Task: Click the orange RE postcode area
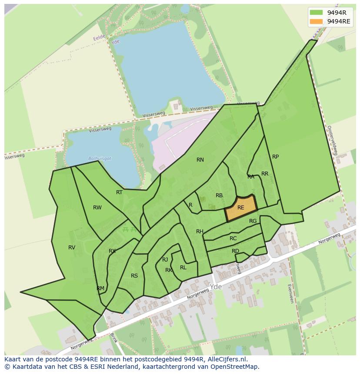pyautogui.click(x=240, y=208)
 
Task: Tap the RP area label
pyautogui.click(x=275, y=157)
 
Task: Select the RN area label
pyautogui.click(x=200, y=160)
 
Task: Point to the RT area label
pyautogui.click(x=119, y=192)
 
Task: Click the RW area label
pyautogui.click(x=97, y=208)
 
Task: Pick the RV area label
pyautogui.click(x=72, y=248)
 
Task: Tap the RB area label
pyautogui.click(x=219, y=195)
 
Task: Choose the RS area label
pyautogui.click(x=134, y=276)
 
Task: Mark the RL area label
pyautogui.click(x=183, y=268)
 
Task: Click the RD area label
pyautogui.click(x=235, y=251)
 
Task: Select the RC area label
pyautogui.click(x=233, y=238)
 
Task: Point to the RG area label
pyautogui.click(x=253, y=221)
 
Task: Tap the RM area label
pyautogui.click(x=100, y=288)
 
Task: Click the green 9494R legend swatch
pyautogui.click(x=316, y=13)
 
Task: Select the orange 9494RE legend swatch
pyautogui.click(x=316, y=22)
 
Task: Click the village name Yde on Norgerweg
pyautogui.click(x=216, y=287)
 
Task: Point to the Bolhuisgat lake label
pyautogui.click(x=100, y=159)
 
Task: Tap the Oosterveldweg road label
pyautogui.click(x=333, y=140)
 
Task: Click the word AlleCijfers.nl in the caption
pyautogui.click(x=227, y=360)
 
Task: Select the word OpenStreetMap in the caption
pyautogui.click(x=234, y=367)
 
